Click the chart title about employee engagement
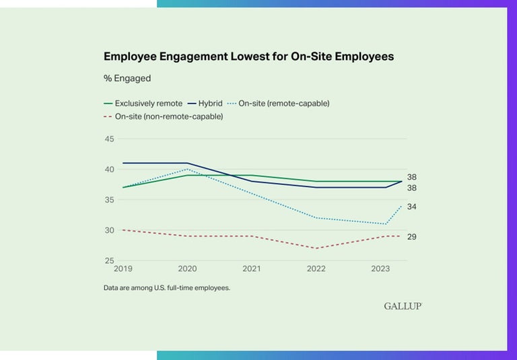[x=248, y=57]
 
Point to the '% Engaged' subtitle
[x=127, y=78]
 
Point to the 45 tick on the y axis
[x=109, y=139]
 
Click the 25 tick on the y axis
[x=109, y=260]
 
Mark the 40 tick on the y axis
[x=109, y=169]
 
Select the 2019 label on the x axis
[x=123, y=268]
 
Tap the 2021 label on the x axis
[x=252, y=268]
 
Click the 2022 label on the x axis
[x=316, y=268]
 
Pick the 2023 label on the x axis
[x=380, y=268]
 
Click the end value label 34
[x=411, y=207]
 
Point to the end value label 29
[x=411, y=237]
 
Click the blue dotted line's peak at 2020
[x=187, y=169]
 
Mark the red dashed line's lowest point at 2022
[x=316, y=248]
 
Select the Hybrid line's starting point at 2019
[x=123, y=163]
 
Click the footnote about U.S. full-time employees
[x=167, y=287]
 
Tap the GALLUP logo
[x=403, y=306]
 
